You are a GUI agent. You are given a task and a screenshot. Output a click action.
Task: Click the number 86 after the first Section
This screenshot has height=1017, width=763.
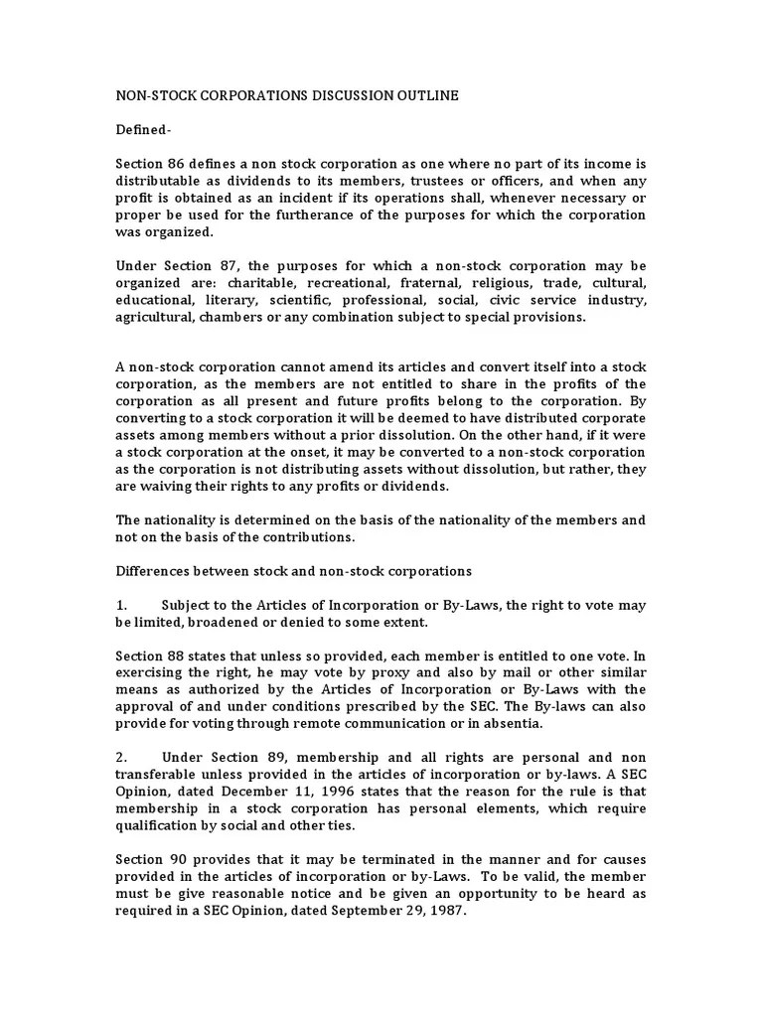[x=179, y=162]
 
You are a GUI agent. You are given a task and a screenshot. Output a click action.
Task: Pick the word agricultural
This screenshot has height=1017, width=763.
[x=154, y=317]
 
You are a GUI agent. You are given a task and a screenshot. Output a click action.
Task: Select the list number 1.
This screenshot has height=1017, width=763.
[x=121, y=605]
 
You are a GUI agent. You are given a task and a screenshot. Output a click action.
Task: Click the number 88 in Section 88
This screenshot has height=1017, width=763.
[x=179, y=655]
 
